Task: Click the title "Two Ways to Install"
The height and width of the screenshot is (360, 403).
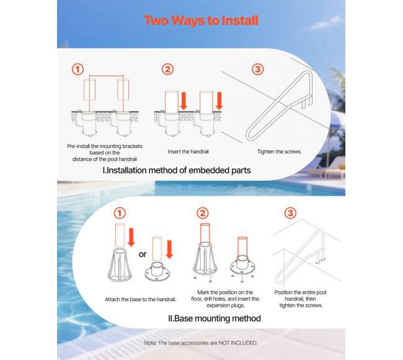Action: click(201, 20)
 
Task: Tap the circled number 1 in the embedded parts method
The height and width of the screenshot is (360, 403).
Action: click(77, 69)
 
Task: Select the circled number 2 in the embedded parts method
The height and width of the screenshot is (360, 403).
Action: click(167, 69)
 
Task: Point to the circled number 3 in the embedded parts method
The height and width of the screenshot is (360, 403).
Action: click(258, 69)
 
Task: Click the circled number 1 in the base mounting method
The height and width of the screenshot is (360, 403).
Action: click(120, 213)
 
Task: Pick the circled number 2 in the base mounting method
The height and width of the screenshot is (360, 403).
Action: click(203, 213)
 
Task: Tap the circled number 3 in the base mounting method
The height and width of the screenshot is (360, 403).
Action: click(290, 213)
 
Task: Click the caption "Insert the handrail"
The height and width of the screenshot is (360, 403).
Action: click(188, 152)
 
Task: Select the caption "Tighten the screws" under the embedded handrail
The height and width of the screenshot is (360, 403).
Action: click(279, 152)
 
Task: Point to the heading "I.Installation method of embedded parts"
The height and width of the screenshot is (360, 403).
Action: click(177, 170)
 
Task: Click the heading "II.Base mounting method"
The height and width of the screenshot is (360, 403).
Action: click(215, 318)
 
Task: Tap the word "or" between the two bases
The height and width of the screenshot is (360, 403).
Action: click(143, 254)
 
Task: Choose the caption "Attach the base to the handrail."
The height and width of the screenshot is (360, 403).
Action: click(141, 299)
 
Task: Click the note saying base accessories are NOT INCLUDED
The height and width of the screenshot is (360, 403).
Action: click(201, 343)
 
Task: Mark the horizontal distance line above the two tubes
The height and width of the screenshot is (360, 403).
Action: click(106, 76)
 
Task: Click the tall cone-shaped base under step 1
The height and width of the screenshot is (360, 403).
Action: click(120, 265)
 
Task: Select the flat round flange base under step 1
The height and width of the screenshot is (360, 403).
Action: click(157, 271)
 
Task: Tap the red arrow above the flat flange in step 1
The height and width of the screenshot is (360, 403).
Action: click(169, 249)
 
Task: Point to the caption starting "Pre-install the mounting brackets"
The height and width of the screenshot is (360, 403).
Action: click(105, 152)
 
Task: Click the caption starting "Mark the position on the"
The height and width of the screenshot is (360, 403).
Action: click(225, 299)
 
